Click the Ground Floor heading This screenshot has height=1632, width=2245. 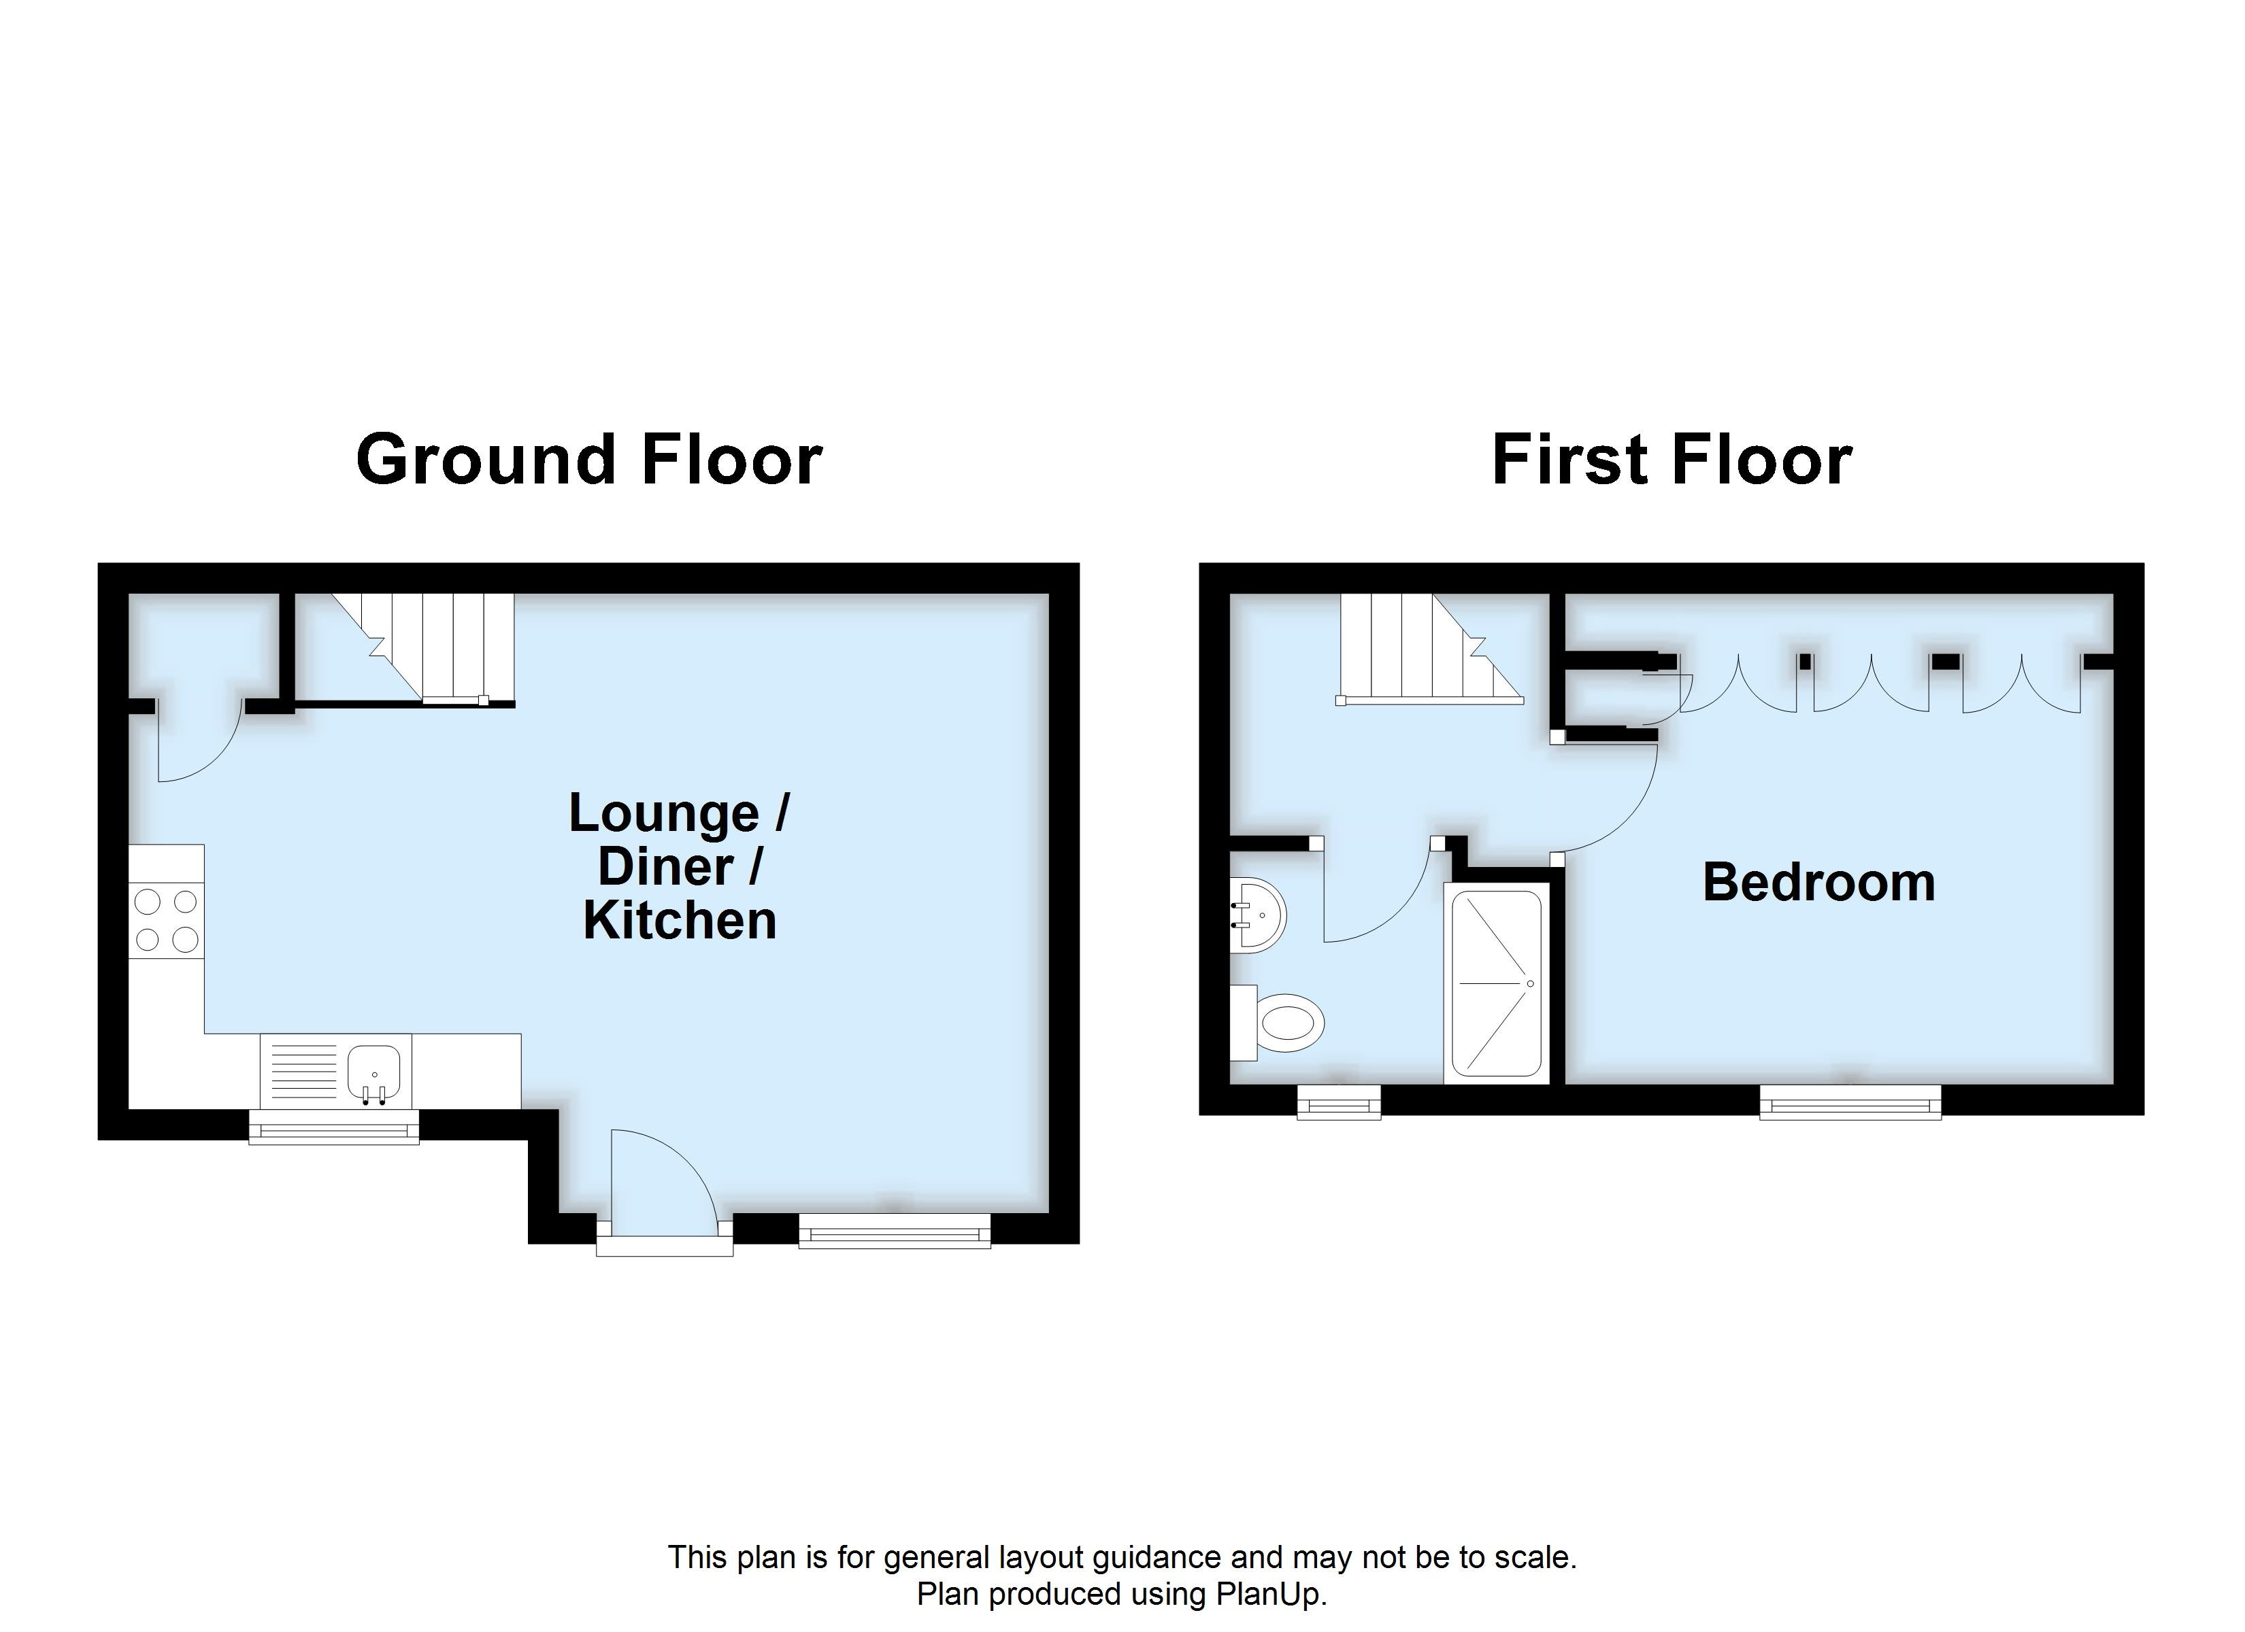(x=589, y=460)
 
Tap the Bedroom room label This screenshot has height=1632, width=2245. (x=1818, y=882)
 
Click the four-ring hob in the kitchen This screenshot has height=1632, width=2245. (x=166, y=921)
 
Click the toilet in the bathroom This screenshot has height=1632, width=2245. (x=1285, y=1022)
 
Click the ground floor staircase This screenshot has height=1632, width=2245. (x=426, y=648)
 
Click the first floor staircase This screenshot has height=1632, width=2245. (x=1425, y=648)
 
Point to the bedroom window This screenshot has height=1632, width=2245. (x=1849, y=1102)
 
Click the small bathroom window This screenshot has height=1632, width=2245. (x=1338, y=1102)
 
